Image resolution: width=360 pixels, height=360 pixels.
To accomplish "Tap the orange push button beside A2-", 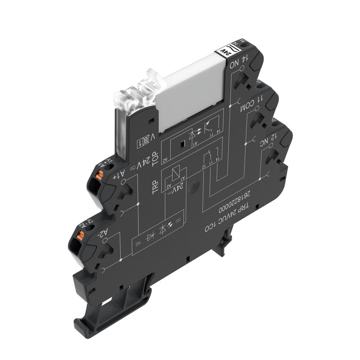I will [81, 234].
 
